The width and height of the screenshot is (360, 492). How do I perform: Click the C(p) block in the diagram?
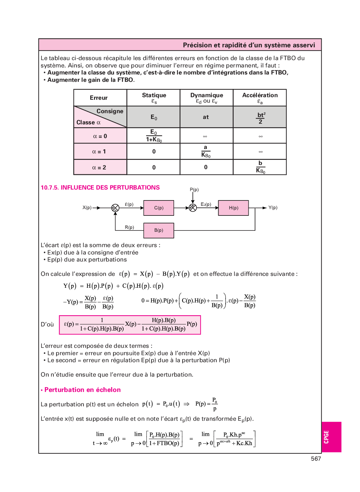(159, 208)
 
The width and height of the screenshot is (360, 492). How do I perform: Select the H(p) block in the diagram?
(233, 208)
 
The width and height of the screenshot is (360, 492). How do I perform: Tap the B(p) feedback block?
(159, 230)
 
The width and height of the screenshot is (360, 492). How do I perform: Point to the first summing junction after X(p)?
(115, 208)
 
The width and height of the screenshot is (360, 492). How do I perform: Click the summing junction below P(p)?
(193, 208)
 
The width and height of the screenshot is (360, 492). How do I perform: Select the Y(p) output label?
(273, 207)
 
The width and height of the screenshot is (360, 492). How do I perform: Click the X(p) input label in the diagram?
(87, 207)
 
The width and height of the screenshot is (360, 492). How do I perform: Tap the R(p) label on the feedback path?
(129, 227)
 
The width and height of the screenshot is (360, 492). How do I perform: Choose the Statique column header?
(154, 98)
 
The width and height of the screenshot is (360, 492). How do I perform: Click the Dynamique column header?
(207, 98)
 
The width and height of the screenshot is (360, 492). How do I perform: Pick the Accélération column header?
(260, 98)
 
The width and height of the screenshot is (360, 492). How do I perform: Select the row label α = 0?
(100, 136)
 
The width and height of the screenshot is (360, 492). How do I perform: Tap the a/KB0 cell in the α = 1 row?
(206, 152)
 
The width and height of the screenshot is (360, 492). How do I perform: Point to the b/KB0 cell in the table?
(260, 167)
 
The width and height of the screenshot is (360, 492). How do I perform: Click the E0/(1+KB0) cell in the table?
(154, 136)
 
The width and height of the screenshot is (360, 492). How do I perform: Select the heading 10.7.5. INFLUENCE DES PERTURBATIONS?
(100, 188)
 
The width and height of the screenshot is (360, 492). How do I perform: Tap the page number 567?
(316, 459)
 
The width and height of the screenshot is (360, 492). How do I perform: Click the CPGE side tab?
(327, 437)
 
